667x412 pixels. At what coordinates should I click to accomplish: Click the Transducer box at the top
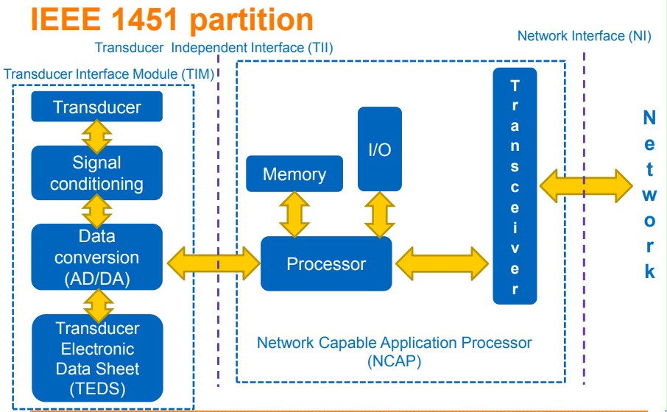[96, 107]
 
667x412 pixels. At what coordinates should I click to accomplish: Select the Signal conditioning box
[96, 173]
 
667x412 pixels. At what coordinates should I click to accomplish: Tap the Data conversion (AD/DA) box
[96, 257]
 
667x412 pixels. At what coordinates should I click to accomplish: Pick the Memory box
[294, 174]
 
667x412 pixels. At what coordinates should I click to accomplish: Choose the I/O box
[380, 149]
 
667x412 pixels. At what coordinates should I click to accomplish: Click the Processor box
[326, 263]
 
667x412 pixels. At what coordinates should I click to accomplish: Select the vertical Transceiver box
[515, 186]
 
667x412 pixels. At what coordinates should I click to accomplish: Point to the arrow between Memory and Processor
[294, 214]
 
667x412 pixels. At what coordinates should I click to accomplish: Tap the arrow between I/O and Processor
[380, 214]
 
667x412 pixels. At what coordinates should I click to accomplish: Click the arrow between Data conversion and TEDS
[96, 302]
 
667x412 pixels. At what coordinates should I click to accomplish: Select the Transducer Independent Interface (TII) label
[214, 48]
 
